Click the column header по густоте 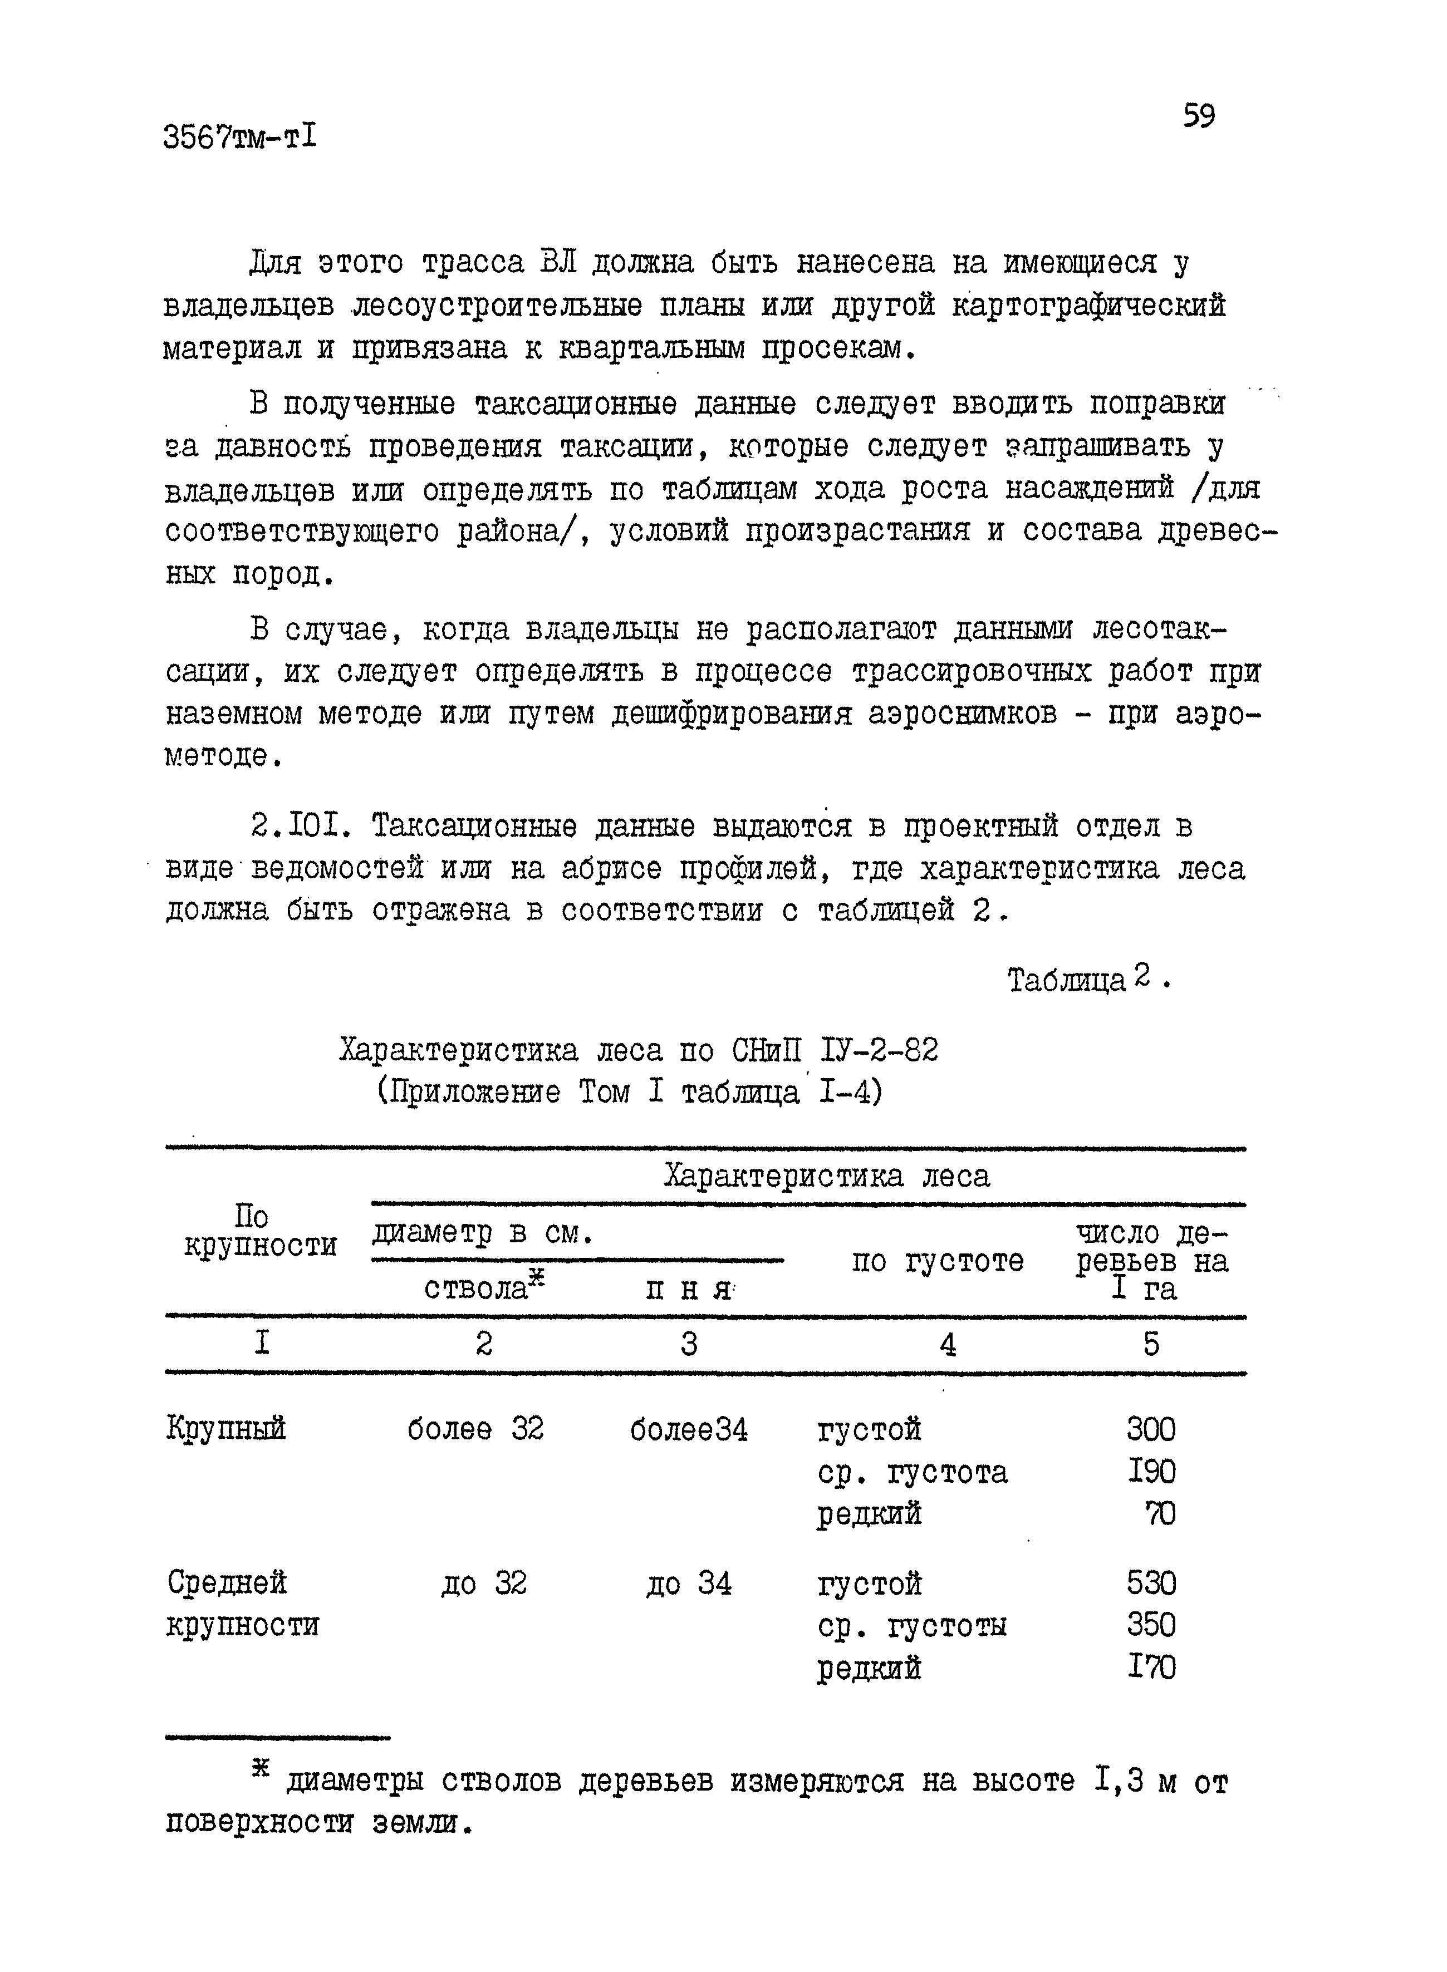click(937, 1261)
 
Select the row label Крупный click(226, 1430)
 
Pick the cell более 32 click(475, 1429)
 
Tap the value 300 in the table click(1151, 1430)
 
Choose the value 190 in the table click(1151, 1472)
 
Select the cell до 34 click(689, 1584)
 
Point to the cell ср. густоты click(912, 1626)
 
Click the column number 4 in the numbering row click(947, 1346)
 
